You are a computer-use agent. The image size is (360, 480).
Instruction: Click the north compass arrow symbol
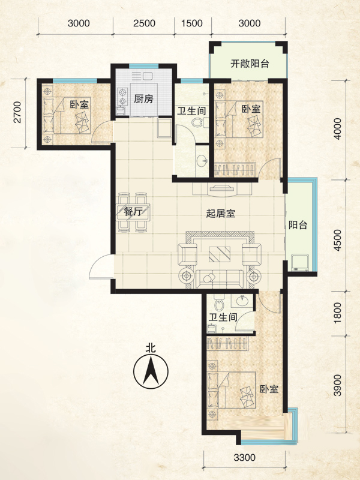click(x=151, y=371)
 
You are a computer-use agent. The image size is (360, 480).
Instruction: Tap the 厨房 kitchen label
click(x=143, y=99)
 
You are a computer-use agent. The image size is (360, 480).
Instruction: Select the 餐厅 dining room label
click(x=133, y=211)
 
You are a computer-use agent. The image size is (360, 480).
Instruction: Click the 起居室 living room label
click(x=220, y=213)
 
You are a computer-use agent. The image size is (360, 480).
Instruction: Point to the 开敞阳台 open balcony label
click(x=250, y=64)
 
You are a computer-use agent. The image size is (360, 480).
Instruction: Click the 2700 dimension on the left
click(x=18, y=112)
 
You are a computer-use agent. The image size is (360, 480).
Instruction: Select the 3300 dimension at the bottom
click(x=244, y=457)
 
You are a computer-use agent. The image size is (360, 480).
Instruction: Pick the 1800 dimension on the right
click(x=337, y=313)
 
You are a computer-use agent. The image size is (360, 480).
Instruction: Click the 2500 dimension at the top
click(x=144, y=23)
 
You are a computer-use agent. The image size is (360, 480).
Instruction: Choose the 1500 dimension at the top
click(x=192, y=23)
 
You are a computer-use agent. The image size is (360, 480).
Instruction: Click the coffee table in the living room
click(x=220, y=254)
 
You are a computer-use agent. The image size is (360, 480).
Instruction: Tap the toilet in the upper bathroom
click(x=199, y=123)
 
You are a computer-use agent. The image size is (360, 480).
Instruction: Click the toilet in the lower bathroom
click(x=218, y=303)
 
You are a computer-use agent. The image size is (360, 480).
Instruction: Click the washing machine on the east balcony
click(x=300, y=263)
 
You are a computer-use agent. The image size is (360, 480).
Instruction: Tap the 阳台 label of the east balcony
click(x=298, y=226)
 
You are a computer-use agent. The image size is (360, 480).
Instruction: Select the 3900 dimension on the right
click(x=337, y=385)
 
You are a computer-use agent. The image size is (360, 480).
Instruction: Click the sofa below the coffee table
click(x=220, y=279)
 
